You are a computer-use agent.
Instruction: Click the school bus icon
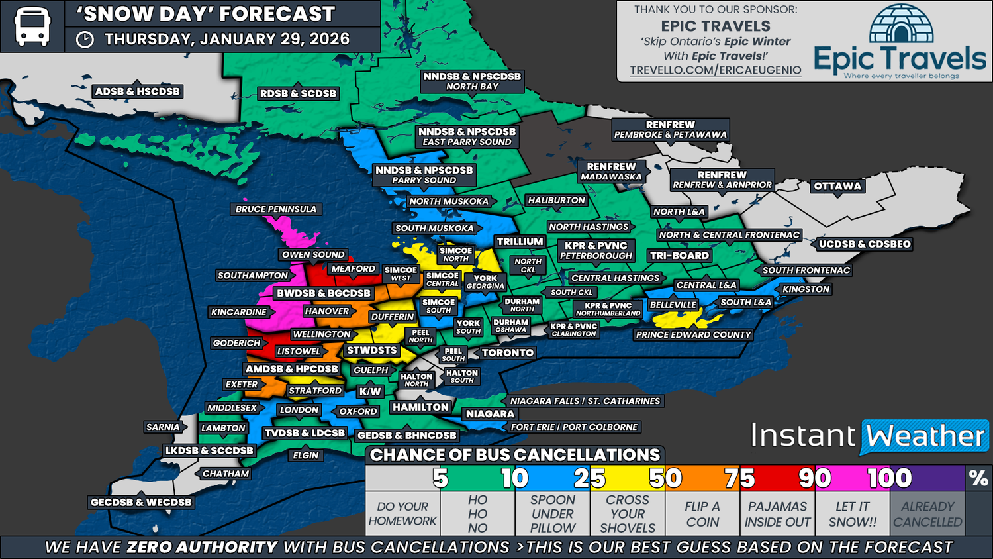(x=32, y=26)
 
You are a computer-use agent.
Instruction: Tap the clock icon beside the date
(x=85, y=40)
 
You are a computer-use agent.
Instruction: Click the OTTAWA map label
(x=837, y=186)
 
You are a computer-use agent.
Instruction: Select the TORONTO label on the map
(x=508, y=353)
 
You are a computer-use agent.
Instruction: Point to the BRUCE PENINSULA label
(x=276, y=209)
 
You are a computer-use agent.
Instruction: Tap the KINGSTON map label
(x=806, y=289)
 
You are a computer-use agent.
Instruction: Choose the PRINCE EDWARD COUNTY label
(x=693, y=335)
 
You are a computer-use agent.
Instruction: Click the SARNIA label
(x=163, y=427)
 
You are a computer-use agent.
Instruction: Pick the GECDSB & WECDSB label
(x=141, y=502)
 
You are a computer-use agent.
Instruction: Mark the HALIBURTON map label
(x=556, y=200)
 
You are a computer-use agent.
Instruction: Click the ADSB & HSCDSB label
(x=137, y=91)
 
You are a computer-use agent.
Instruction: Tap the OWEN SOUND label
(x=313, y=254)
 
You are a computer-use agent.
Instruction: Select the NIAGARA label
(x=490, y=414)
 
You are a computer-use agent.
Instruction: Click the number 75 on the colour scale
(x=739, y=478)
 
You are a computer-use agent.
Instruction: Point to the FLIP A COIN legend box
(x=702, y=514)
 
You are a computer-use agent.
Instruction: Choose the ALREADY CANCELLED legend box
(x=927, y=514)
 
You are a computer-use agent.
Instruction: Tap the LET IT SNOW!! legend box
(x=853, y=514)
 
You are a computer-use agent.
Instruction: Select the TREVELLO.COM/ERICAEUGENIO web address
(x=716, y=70)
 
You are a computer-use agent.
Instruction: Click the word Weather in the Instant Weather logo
(x=925, y=436)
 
